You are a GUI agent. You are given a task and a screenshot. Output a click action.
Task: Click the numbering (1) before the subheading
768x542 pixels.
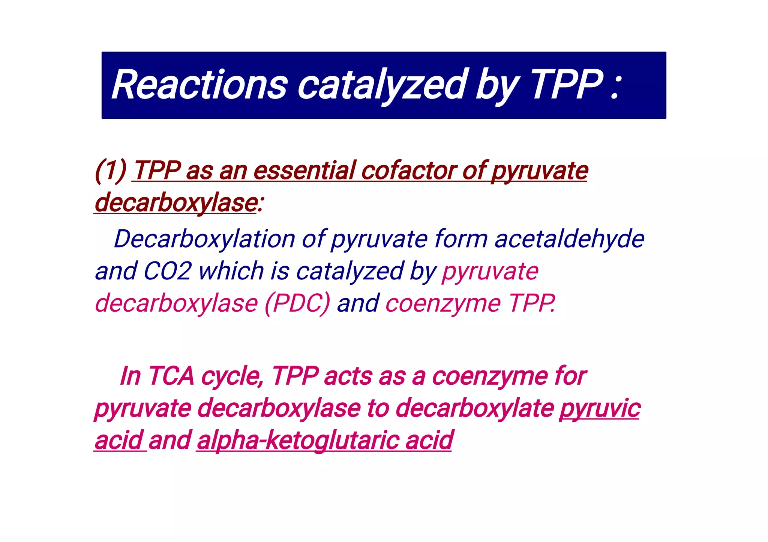pos(111,171)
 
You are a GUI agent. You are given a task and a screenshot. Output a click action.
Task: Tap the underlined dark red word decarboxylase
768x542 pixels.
pos(175,203)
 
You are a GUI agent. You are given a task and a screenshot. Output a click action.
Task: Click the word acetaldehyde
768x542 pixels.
pos(569,239)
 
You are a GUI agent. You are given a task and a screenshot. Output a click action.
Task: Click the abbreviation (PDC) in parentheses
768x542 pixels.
pos(297,303)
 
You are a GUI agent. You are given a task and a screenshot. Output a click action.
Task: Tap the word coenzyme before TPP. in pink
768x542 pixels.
pos(443,303)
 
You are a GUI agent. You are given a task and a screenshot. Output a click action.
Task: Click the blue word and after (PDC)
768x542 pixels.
pos(358,303)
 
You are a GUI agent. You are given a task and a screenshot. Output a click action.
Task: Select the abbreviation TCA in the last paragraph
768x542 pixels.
pos(171,376)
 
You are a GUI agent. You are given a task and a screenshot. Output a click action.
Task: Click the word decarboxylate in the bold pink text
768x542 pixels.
pos(475,408)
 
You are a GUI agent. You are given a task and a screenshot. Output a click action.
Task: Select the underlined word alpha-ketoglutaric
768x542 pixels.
pos(298,440)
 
